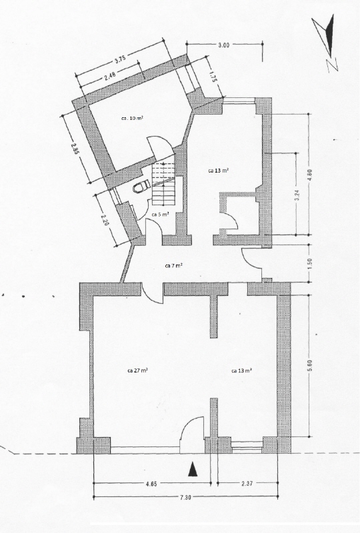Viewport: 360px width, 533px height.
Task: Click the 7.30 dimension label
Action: pos(185,497)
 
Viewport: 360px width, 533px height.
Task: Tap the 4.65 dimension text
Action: pos(152,484)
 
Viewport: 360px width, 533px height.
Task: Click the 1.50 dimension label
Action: pos(309,263)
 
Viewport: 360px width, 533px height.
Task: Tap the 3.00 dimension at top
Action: pos(224,45)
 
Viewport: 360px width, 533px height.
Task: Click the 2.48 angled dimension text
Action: pos(109,77)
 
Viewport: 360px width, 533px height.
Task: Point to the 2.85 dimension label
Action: pos(75,149)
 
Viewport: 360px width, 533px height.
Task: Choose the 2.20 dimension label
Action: pos(106,219)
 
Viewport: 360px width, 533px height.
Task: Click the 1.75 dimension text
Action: pos(213,77)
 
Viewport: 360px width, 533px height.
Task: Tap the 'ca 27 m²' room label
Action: pos(137,370)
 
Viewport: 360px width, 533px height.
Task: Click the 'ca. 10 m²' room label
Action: pos(132,119)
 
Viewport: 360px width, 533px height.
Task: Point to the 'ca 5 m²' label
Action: pos(160,215)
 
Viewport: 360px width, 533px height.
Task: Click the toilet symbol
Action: pos(142,187)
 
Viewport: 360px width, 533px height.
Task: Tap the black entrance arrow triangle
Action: pos(193,470)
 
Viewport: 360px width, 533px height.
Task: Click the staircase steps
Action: pos(163,184)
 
